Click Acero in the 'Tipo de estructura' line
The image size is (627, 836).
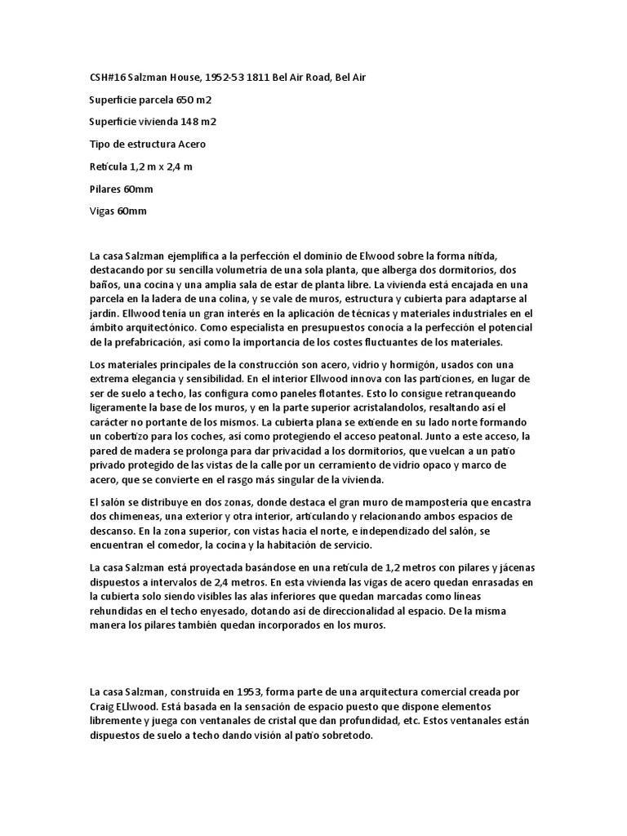point(189,145)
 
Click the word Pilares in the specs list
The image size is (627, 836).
point(104,189)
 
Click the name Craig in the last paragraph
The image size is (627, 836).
point(104,683)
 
